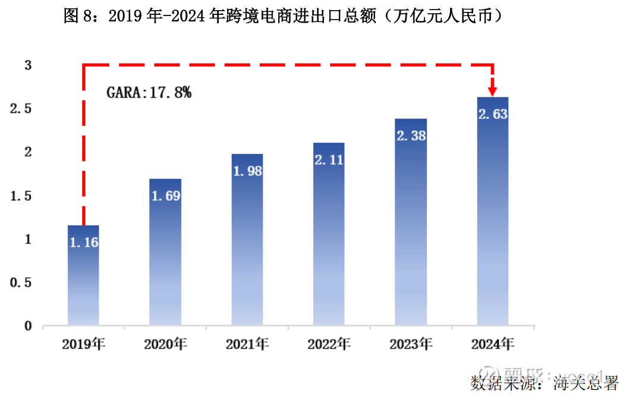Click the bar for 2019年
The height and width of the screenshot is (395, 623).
(x=84, y=275)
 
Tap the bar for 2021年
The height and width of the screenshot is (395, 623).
(x=247, y=239)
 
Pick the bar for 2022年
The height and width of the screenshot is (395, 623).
(x=329, y=234)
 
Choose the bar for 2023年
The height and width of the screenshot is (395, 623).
(x=411, y=222)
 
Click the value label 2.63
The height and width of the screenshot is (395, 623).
(x=493, y=114)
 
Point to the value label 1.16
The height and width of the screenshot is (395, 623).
(x=84, y=242)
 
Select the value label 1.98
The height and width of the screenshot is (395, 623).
(x=247, y=171)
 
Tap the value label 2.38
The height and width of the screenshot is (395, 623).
(x=411, y=136)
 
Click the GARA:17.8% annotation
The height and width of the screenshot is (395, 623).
(x=149, y=92)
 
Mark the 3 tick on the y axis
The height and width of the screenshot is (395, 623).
(x=27, y=65)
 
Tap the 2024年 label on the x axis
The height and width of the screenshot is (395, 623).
(x=493, y=344)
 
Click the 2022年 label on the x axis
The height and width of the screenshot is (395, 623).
(x=329, y=344)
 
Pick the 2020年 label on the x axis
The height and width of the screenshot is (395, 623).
(x=165, y=344)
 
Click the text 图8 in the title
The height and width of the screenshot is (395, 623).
(x=78, y=16)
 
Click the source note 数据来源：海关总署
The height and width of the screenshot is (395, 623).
(x=544, y=382)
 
